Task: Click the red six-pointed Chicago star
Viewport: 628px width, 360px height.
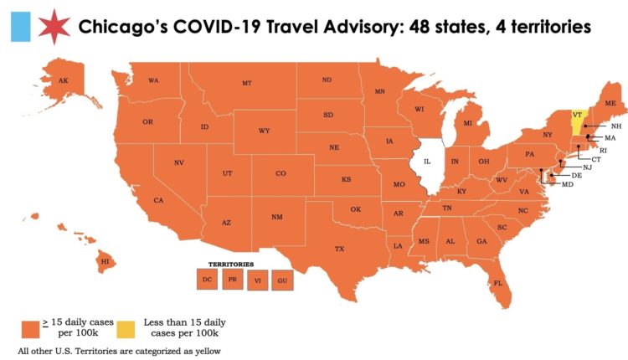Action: coord(52,27)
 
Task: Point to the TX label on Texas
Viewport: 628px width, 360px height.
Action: coord(339,249)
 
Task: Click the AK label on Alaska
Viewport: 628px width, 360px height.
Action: coord(63,80)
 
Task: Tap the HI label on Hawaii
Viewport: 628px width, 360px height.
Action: coord(105,262)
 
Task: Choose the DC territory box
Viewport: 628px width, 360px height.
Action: coord(205,279)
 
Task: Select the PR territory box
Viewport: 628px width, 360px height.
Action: coord(231,279)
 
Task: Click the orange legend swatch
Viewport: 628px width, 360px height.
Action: coord(30,326)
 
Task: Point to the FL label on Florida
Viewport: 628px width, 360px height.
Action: coord(497,283)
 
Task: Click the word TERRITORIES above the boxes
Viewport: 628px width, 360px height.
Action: coord(231,263)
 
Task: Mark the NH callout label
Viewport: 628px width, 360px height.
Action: coord(615,126)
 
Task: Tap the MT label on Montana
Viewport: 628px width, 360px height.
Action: coord(247,83)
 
